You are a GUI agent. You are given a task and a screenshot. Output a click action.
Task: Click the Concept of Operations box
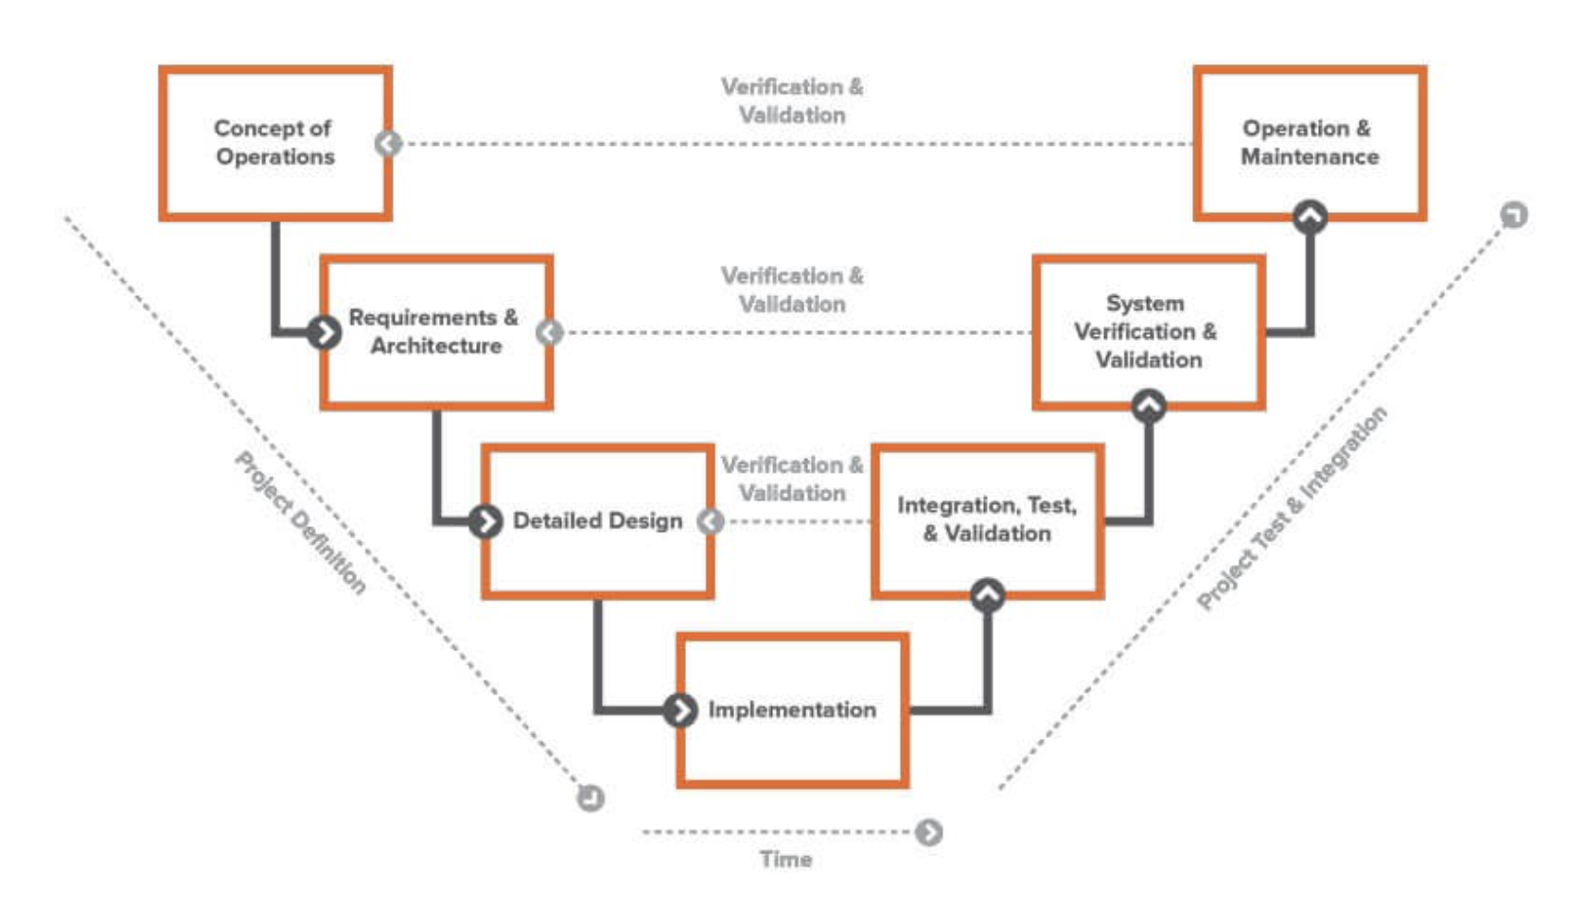click(x=274, y=142)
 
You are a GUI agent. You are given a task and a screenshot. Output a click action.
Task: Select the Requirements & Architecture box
click(x=435, y=331)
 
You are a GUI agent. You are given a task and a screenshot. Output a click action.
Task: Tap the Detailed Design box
click(x=597, y=520)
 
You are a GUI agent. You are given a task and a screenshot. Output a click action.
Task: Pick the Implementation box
click(x=792, y=710)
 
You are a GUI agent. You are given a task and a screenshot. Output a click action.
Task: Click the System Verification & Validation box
click(x=1148, y=331)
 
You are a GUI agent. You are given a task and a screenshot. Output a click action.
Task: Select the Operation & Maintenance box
click(x=1310, y=142)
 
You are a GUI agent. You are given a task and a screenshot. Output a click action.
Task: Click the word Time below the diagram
click(x=785, y=859)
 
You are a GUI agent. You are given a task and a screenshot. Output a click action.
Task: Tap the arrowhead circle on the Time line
click(x=929, y=833)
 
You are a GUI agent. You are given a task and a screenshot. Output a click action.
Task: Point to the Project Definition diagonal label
click(x=300, y=522)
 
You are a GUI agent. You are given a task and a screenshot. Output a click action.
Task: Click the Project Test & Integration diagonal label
click(x=1292, y=508)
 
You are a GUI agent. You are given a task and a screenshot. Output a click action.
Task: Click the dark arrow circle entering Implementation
click(x=679, y=710)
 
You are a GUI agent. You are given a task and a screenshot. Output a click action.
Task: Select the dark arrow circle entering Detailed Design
click(x=485, y=520)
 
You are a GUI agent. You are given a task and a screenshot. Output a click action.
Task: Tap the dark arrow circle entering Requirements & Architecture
click(x=324, y=332)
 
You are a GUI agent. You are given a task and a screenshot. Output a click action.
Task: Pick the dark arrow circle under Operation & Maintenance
click(x=1310, y=217)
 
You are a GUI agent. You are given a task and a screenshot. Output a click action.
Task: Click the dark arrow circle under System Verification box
click(x=1149, y=406)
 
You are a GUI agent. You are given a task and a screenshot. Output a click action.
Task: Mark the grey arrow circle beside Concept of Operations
click(x=388, y=143)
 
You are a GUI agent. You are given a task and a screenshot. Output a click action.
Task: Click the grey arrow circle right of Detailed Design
click(x=711, y=521)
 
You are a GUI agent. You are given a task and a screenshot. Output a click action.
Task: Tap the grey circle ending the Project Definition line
click(x=590, y=798)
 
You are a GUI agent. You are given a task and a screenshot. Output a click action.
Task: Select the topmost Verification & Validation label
click(x=792, y=100)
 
